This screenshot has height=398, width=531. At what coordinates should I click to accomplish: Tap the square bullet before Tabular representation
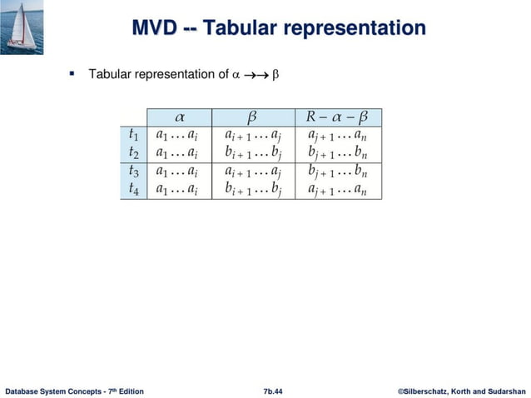click(72, 74)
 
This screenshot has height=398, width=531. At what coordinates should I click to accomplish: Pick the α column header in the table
click(178, 115)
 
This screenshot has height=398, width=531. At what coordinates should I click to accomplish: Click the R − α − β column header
click(340, 115)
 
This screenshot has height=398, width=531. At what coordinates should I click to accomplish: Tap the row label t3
click(133, 171)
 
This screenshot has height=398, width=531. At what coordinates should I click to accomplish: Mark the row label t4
click(133, 189)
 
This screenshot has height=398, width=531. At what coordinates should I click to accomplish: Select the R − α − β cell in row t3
click(340, 171)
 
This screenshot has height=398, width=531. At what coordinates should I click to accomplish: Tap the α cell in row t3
click(178, 171)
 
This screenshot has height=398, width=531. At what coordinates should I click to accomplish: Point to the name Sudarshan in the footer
click(502, 391)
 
